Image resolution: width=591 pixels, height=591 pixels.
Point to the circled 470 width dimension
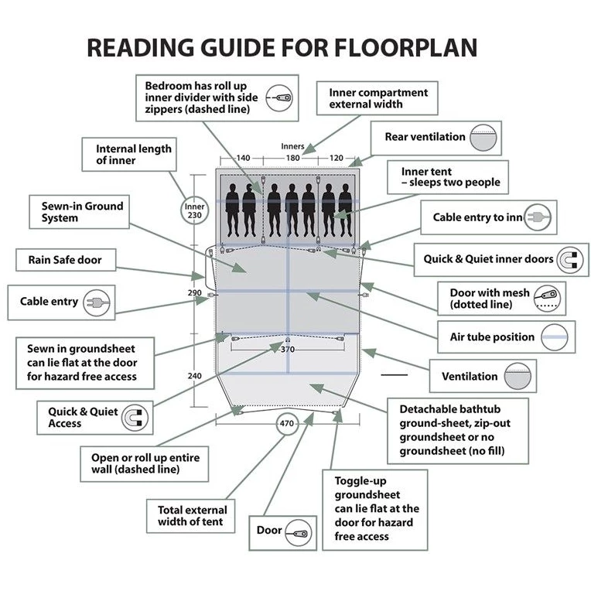pyautogui.click(x=287, y=423)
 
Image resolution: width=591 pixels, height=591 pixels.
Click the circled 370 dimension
pyautogui.click(x=287, y=349)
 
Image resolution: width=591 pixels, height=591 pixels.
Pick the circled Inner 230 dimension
pyautogui.click(x=194, y=211)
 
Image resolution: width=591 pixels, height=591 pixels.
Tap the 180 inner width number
pyautogui.click(x=292, y=158)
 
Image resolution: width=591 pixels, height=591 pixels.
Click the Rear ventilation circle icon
pyautogui.click(x=486, y=138)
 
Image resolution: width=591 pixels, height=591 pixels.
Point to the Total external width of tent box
pyautogui.click(x=192, y=516)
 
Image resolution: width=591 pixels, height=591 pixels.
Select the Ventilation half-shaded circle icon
pyautogui.click(x=514, y=377)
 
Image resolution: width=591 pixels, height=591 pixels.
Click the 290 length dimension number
pyautogui.click(x=194, y=293)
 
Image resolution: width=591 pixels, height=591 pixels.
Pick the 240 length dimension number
pyautogui.click(x=194, y=375)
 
